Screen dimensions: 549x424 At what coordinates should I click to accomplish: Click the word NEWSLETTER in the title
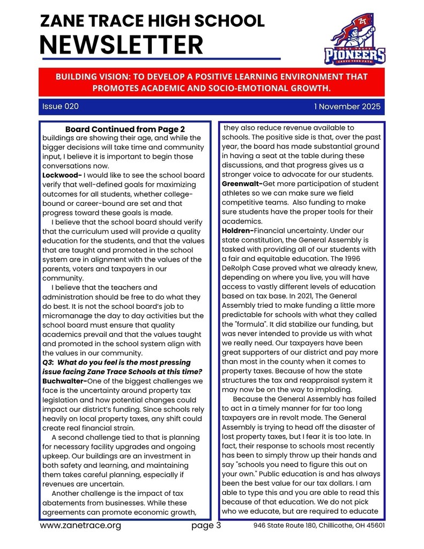[122, 44]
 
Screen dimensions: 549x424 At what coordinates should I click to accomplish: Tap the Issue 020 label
[61, 107]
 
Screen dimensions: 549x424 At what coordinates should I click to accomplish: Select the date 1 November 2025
[347, 107]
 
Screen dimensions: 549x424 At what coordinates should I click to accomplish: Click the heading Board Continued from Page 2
[125, 129]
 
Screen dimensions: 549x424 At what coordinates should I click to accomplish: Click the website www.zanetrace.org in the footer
[80, 525]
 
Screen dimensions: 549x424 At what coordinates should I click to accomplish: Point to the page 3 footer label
[206, 525]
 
